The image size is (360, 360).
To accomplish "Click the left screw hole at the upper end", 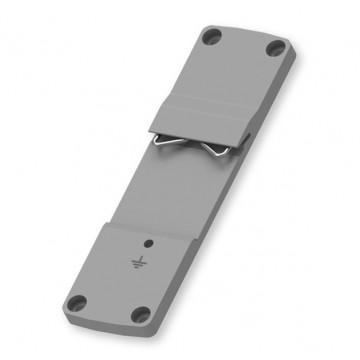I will [210, 38].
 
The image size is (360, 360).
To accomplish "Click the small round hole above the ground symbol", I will [149, 243].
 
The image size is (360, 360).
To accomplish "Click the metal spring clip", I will [190, 146].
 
